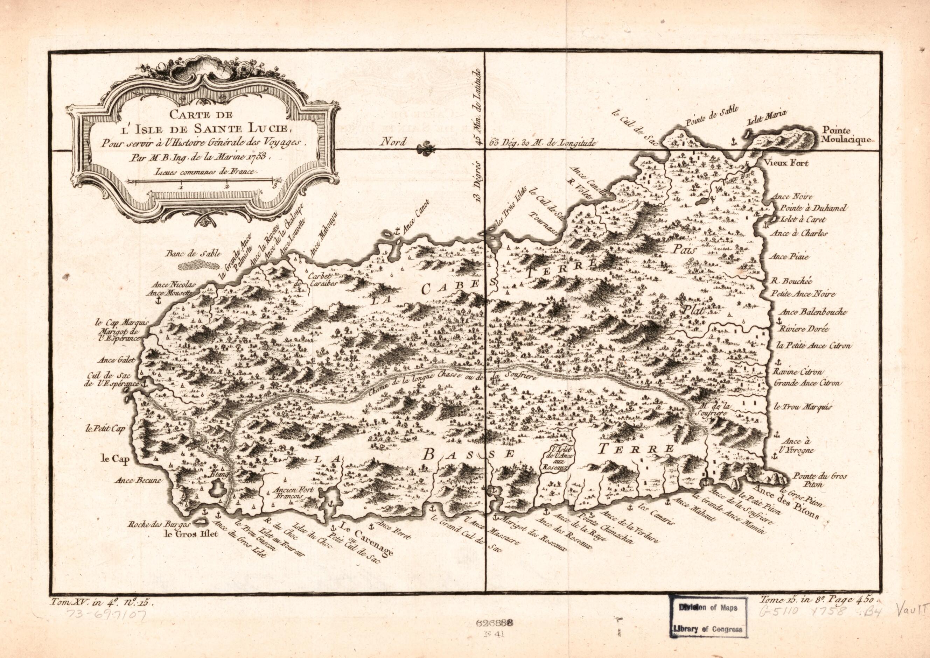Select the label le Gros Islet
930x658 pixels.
click(191, 533)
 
